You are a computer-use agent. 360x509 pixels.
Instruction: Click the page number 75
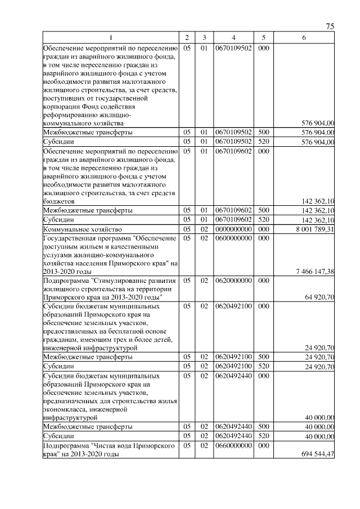(x=330, y=27)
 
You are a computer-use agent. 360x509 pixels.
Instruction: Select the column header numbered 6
(x=304, y=37)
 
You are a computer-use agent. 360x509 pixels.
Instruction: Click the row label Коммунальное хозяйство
(x=79, y=229)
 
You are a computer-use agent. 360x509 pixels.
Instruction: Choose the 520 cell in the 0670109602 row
(x=262, y=220)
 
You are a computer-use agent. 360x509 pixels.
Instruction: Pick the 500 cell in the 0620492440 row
(x=262, y=427)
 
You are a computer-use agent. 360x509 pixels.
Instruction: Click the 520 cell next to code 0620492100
(x=262, y=366)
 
